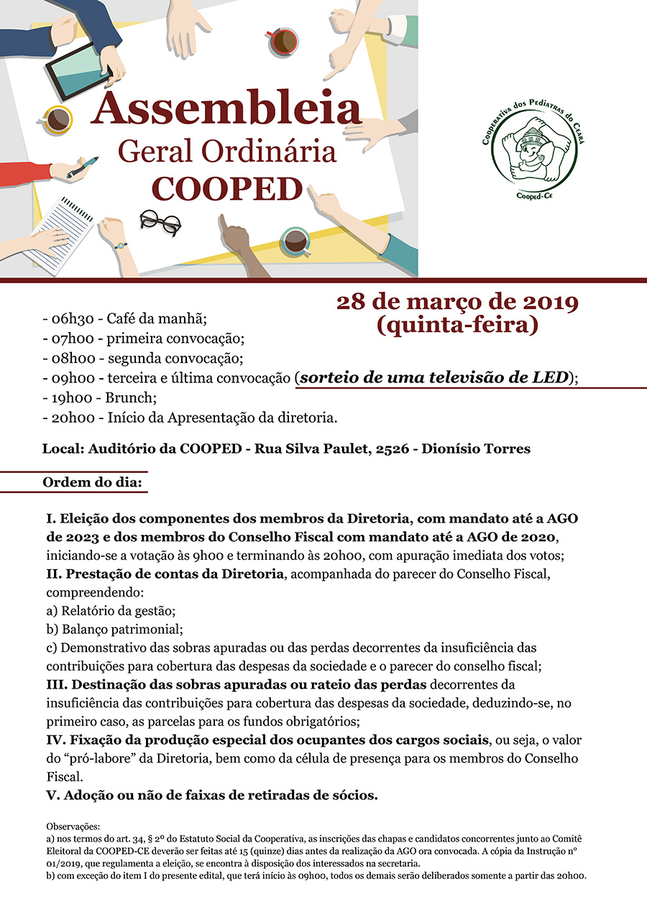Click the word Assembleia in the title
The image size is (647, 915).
226,109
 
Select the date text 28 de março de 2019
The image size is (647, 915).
457,302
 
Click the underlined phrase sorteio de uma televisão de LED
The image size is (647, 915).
434,377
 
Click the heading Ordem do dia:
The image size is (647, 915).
93,480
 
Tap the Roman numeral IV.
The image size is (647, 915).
54,740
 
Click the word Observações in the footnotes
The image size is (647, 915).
73,827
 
